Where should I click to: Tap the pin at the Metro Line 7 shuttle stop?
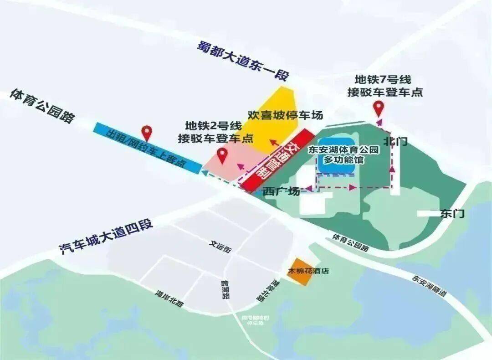point(379,109)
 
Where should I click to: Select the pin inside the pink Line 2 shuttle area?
point(222,155)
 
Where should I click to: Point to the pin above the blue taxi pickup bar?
point(147,133)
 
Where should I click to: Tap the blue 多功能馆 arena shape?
point(336,155)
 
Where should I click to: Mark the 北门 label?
point(395,141)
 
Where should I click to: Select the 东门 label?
point(452,213)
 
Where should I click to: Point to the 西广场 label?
point(282,191)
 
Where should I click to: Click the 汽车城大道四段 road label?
point(107,237)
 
